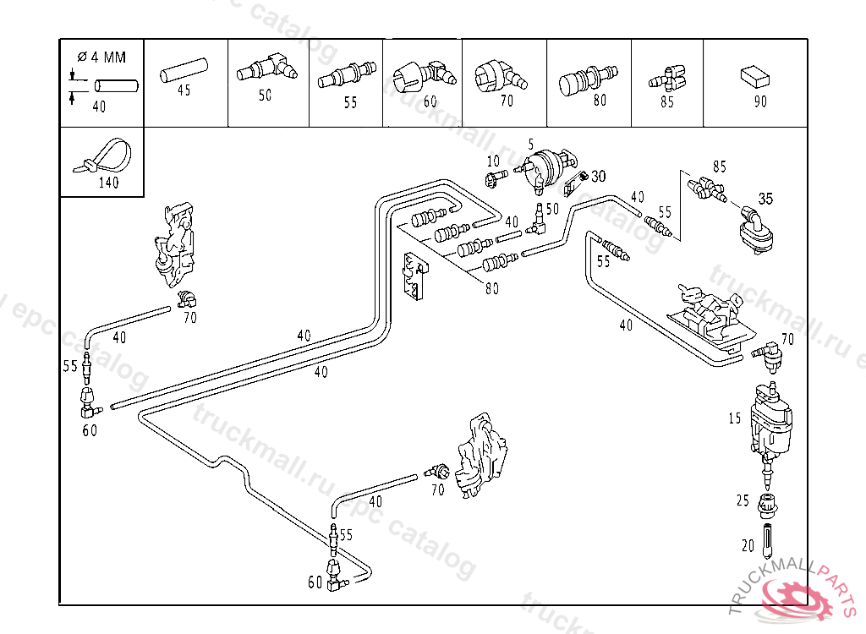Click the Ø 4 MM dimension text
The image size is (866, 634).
coord(102,57)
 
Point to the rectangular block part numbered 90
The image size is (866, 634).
coord(754,77)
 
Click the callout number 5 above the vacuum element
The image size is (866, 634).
coord(530,144)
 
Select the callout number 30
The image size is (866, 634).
coord(598,176)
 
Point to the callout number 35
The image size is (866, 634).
coord(765,199)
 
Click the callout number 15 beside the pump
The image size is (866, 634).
coord(734,418)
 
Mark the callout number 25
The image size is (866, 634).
coord(743,500)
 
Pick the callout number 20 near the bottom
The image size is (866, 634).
coord(748,546)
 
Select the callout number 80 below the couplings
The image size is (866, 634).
coord(492,287)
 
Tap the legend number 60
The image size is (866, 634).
coord(430,101)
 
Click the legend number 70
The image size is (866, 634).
coord(507,101)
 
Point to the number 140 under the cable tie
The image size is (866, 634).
coord(109,182)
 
